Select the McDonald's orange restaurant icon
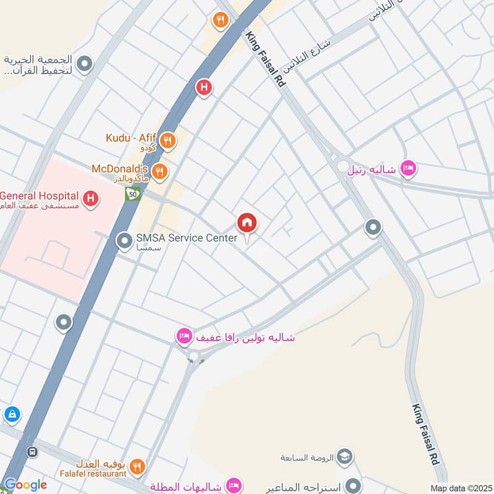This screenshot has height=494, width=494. pyautogui.click(x=159, y=171)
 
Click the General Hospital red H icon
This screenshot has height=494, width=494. pyautogui.click(x=91, y=199)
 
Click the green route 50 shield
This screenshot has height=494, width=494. pyautogui.click(x=132, y=194)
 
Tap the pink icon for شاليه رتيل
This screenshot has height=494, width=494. pyautogui.click(x=408, y=168)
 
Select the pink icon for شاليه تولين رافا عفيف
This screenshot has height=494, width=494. pyautogui.click(x=183, y=337)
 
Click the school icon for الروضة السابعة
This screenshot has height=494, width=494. pyautogui.click(x=345, y=458)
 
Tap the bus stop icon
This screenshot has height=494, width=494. pyautogui.click(x=33, y=452)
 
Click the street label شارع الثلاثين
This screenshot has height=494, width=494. pyautogui.click(x=308, y=55)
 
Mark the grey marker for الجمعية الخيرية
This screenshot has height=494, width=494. pyautogui.click(x=85, y=64)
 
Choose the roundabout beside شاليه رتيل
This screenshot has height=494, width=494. pyautogui.click(x=343, y=166)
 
